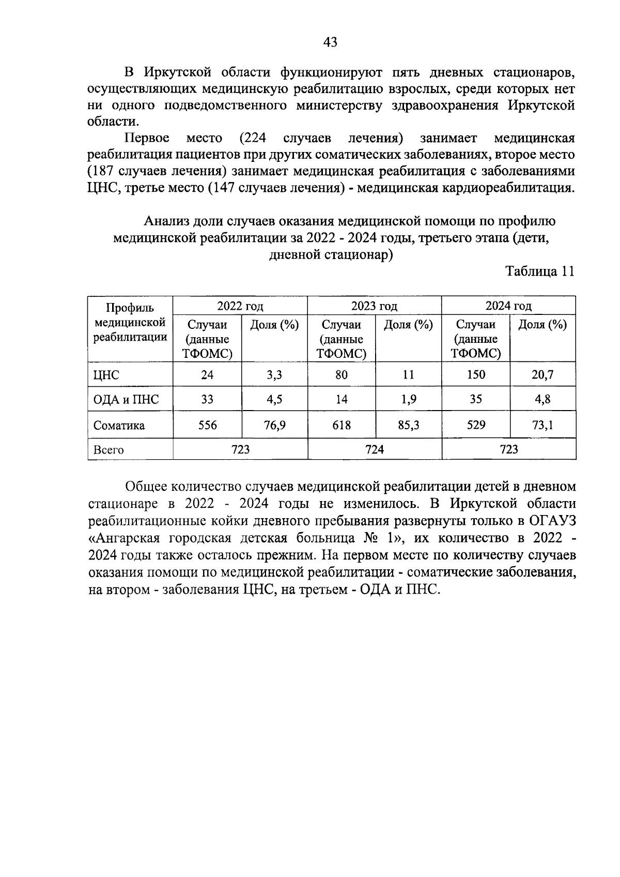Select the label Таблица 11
(540, 272)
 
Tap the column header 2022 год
(240, 306)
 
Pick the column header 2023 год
(374, 306)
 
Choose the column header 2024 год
(508, 306)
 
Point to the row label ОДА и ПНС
(126, 400)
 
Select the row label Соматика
(119, 426)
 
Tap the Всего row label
(109, 450)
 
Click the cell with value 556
(208, 425)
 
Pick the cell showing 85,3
(409, 426)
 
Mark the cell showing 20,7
(542, 375)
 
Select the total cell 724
(375, 449)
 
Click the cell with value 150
(476, 374)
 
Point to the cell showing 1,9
(409, 400)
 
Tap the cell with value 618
(342, 425)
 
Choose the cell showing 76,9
(275, 426)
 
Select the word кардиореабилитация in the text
(505, 188)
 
